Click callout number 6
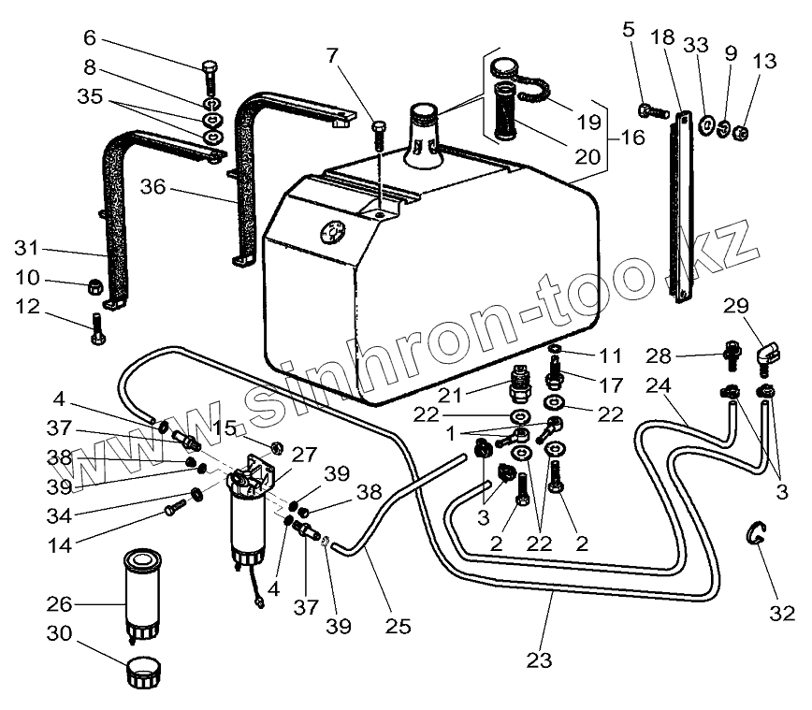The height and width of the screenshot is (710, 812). tap(90, 38)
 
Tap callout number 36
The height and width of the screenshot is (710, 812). tap(153, 187)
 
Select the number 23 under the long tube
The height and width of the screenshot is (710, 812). tap(537, 660)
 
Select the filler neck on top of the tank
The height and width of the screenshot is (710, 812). tap(423, 140)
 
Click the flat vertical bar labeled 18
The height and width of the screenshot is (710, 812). tap(683, 206)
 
